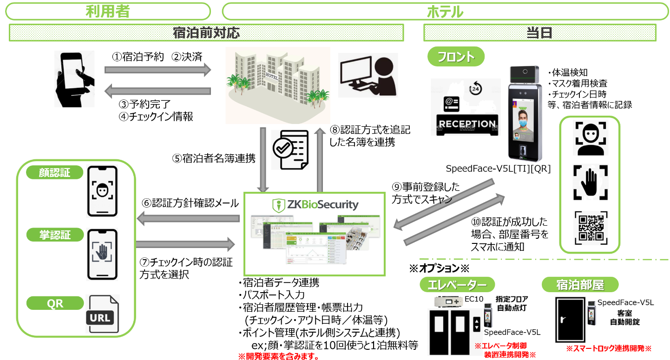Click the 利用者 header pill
click(x=107, y=11)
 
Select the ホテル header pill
click(x=445, y=11)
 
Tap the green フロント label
click(x=456, y=57)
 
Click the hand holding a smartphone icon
click(x=74, y=79)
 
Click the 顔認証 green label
click(x=55, y=173)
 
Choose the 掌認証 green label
click(x=55, y=235)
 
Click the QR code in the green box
click(x=589, y=228)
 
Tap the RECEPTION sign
click(x=460, y=124)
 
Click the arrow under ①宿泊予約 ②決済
click(x=158, y=70)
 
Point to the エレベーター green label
click(x=456, y=284)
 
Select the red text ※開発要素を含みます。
click(x=278, y=356)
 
